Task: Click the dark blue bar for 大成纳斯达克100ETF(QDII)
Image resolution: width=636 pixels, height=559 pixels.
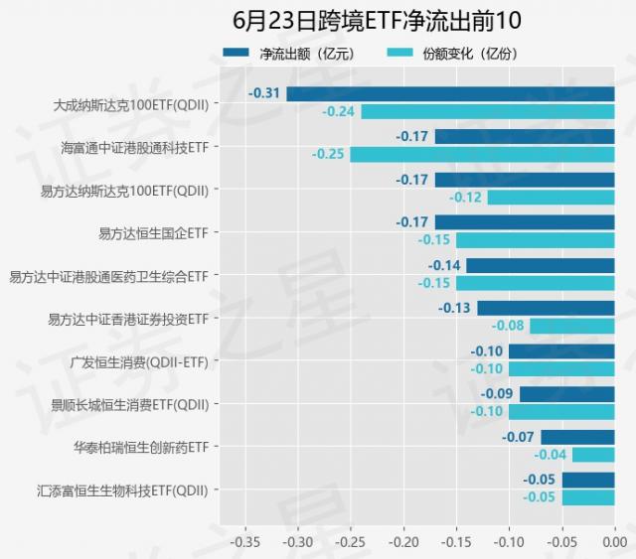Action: click(x=450, y=94)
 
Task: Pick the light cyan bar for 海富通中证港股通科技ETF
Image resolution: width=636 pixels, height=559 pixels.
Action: click(x=482, y=154)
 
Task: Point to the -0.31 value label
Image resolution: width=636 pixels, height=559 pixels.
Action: click(x=263, y=93)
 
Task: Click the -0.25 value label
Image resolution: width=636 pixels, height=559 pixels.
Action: click(x=328, y=154)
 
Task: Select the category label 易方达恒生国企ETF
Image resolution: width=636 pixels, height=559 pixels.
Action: click(x=154, y=232)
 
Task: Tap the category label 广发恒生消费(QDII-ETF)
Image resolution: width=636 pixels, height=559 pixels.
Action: click(x=140, y=361)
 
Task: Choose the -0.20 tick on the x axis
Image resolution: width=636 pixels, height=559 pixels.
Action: click(x=403, y=542)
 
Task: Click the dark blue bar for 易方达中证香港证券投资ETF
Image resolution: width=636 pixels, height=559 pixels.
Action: click(x=546, y=308)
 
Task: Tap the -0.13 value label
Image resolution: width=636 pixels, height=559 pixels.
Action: click(x=455, y=308)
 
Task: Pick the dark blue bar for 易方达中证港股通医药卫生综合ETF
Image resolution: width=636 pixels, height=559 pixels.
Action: click(x=541, y=265)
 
